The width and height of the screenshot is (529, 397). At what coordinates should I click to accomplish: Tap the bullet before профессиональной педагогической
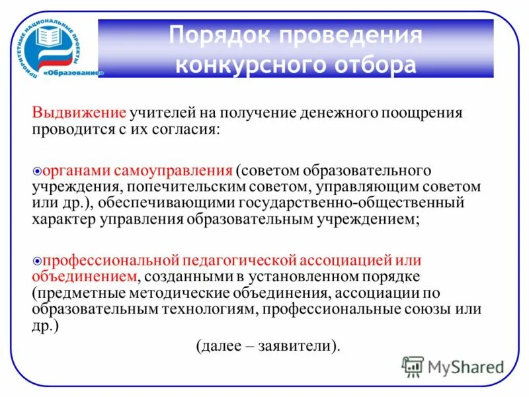[37, 261]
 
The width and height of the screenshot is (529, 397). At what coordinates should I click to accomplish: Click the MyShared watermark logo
[454, 365]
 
